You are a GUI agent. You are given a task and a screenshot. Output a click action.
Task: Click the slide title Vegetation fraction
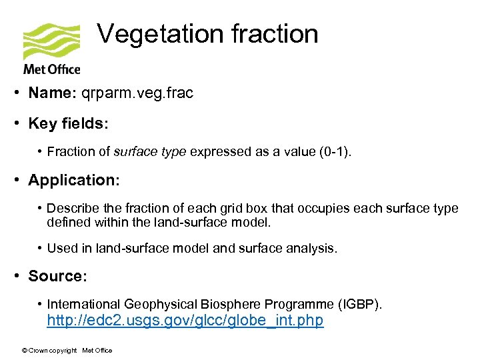(208, 34)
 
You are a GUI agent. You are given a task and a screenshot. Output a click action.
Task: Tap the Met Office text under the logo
(51, 69)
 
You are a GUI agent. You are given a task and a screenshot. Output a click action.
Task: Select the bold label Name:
(52, 93)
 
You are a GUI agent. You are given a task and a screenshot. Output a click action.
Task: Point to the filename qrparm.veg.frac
(137, 93)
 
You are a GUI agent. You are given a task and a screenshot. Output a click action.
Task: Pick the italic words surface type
(151, 151)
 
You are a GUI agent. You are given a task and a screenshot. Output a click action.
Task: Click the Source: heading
(57, 275)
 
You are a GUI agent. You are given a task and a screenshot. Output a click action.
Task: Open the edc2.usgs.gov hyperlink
(185, 321)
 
